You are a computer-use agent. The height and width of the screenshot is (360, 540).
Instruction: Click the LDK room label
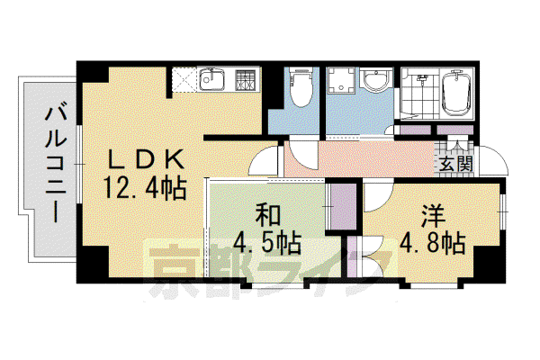point(145,159)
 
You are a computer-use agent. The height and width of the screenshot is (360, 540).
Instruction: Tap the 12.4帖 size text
point(145,188)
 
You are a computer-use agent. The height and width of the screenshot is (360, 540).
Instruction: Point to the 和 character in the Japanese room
point(268,215)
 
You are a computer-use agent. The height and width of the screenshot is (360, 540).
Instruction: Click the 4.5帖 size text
point(267,243)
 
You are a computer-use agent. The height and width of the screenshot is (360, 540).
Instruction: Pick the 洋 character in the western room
point(433,216)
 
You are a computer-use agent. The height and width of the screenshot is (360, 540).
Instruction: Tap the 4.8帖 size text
point(433,243)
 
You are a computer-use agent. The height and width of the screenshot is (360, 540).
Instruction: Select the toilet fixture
point(301,86)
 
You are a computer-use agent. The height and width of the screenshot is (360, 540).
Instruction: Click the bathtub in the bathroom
point(456,93)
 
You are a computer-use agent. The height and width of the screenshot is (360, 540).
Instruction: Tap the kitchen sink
point(211,79)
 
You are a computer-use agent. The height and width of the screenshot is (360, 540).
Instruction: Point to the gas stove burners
point(245,80)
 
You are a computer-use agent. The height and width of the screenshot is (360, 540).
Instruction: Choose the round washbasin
point(377,82)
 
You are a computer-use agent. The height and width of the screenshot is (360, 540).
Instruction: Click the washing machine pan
point(340,81)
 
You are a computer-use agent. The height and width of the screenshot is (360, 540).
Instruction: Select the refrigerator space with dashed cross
point(184,80)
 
